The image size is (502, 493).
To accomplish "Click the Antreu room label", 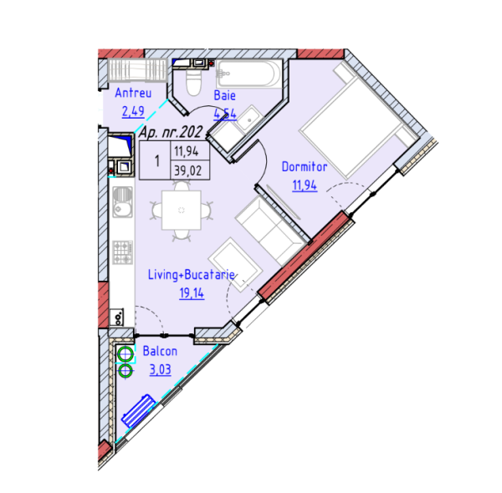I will point(133,93).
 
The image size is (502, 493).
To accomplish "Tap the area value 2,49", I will point(133,110).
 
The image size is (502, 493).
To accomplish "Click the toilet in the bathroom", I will point(192,81).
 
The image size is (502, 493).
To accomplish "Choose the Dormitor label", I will point(304,167).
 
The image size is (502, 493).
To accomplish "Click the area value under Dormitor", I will point(304,185).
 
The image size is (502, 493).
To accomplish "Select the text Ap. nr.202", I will point(172,132).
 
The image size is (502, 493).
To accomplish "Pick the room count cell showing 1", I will point(156,160).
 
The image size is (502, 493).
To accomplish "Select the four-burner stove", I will point(123,249).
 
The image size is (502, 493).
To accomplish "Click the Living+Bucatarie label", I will point(191,275).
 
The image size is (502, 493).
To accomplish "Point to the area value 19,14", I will point(191,292).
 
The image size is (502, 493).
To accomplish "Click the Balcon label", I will point(159,352).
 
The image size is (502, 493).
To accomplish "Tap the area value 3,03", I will point(159,369).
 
